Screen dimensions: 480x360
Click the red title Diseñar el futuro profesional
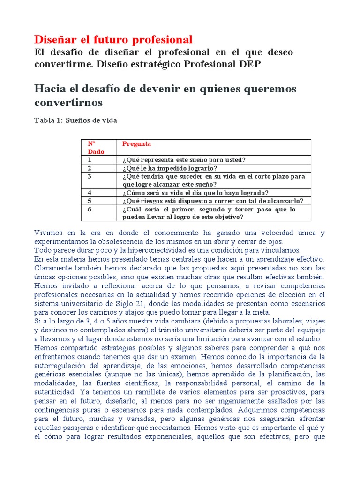pyautogui.click(x=113, y=39)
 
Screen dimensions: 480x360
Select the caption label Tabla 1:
pyautogui.click(x=48, y=120)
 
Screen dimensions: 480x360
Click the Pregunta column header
pyautogui.click(x=136, y=144)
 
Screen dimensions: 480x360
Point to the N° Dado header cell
pyautogui.click(x=96, y=148)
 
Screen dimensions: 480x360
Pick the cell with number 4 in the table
pyautogui.click(x=90, y=193)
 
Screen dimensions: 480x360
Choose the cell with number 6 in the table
pyautogui.click(x=90, y=210)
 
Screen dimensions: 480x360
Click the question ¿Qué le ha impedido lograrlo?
pyautogui.click(x=170, y=168)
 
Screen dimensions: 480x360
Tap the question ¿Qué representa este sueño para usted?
pyautogui.click(x=184, y=160)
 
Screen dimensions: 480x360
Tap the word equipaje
pyautogui.click(x=310, y=330)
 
